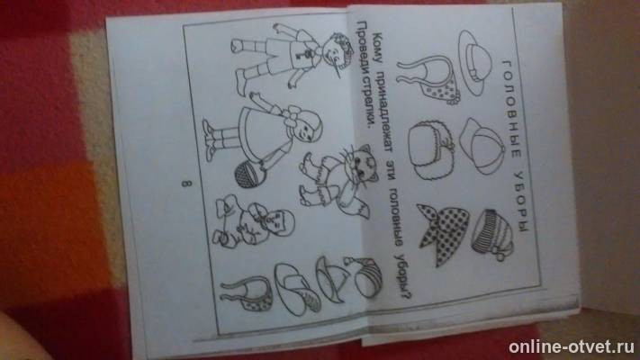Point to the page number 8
pos(185,184)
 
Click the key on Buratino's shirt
pos(302,53)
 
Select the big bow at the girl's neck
pos(294,115)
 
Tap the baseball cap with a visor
pos(482,145)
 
